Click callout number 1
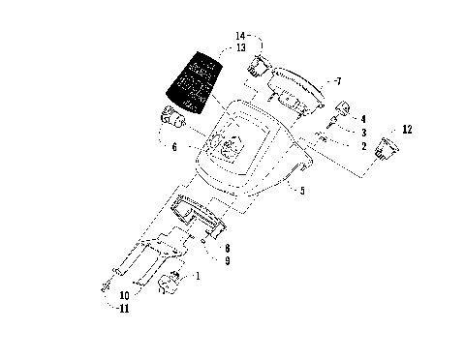click(199, 277)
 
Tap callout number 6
click(174, 148)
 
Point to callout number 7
click(337, 80)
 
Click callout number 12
click(407, 129)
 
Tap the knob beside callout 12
click(389, 148)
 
